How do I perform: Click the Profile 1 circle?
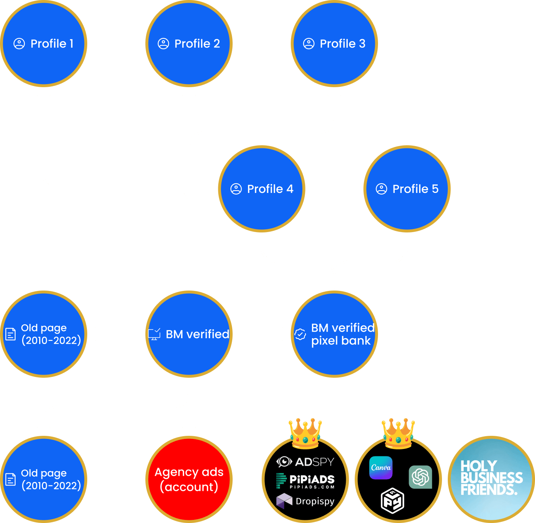pyautogui.click(x=43, y=43)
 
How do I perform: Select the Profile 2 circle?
pyautogui.click(x=189, y=43)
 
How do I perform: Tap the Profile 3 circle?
pyautogui.click(x=334, y=43)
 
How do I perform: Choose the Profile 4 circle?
pyautogui.click(x=262, y=189)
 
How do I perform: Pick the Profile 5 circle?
pyautogui.click(x=407, y=189)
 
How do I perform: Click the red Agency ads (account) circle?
pyautogui.click(x=189, y=479)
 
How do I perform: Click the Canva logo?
pyautogui.click(x=381, y=468)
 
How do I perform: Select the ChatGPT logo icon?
pyautogui.click(x=420, y=477)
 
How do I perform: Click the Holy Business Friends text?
pyautogui.click(x=491, y=478)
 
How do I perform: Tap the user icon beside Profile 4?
pyautogui.click(x=236, y=189)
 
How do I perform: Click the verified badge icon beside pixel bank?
pyautogui.click(x=300, y=334)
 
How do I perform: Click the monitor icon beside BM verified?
pyautogui.click(x=154, y=334)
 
